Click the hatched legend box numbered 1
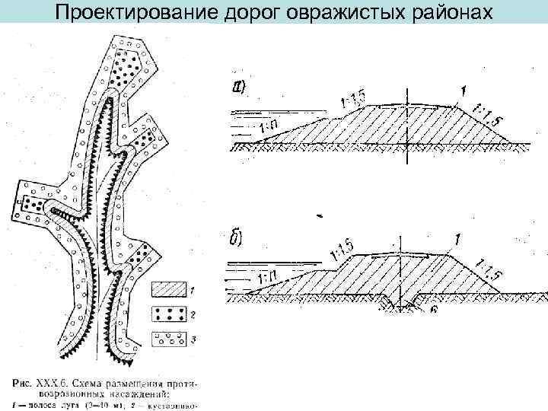169,290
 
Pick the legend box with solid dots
169,314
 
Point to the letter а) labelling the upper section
237,89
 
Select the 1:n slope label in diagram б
266,276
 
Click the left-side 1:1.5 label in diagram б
341,249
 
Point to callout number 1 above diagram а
463,91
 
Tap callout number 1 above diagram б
455,239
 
